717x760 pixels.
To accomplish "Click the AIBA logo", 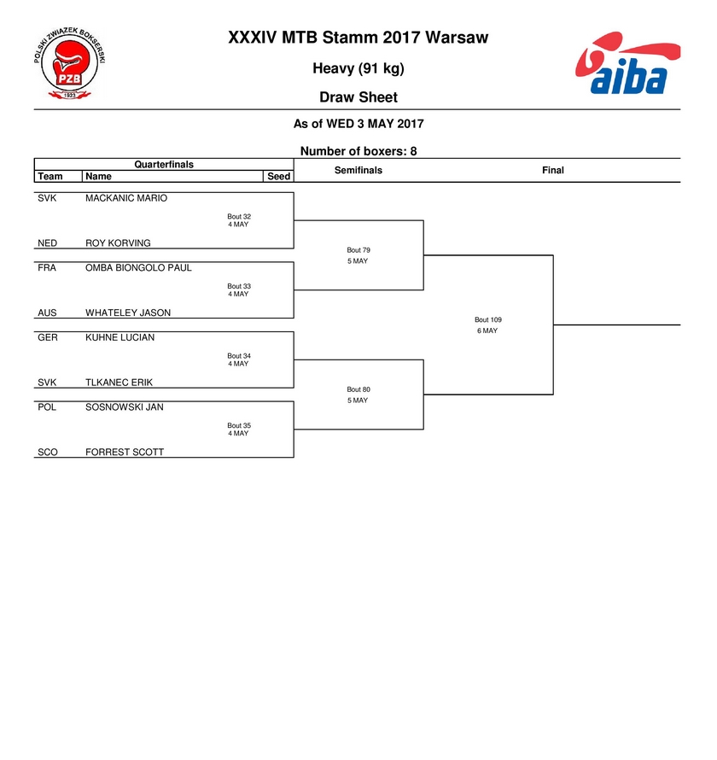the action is [628, 62].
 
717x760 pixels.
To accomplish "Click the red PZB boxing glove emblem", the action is [70, 63].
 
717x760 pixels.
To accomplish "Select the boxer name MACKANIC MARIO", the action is [126, 198].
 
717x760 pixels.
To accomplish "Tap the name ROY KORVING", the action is [118, 243].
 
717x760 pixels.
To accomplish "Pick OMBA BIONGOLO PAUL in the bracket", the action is [138, 267].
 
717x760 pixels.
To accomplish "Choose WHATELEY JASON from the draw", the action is [128, 313].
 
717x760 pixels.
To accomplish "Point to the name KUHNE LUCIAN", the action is [119, 337].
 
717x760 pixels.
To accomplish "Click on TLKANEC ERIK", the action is [119, 383].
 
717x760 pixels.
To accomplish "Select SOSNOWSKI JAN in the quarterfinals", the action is [124, 407].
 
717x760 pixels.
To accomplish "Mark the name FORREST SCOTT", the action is [125, 453].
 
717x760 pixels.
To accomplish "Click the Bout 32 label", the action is [239, 217].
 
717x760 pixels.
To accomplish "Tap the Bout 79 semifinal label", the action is [358, 250].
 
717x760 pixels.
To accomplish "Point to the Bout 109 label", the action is [488, 320].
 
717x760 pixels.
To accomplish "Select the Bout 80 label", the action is [358, 389].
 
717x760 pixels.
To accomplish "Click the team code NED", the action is [48, 243].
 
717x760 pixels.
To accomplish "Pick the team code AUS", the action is [47, 313].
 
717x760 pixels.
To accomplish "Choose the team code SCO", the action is [48, 453].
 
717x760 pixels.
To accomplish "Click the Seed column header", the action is [278, 177].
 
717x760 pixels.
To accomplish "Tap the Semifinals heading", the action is [358, 170].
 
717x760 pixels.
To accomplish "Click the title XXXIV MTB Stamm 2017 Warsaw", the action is [358, 38].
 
